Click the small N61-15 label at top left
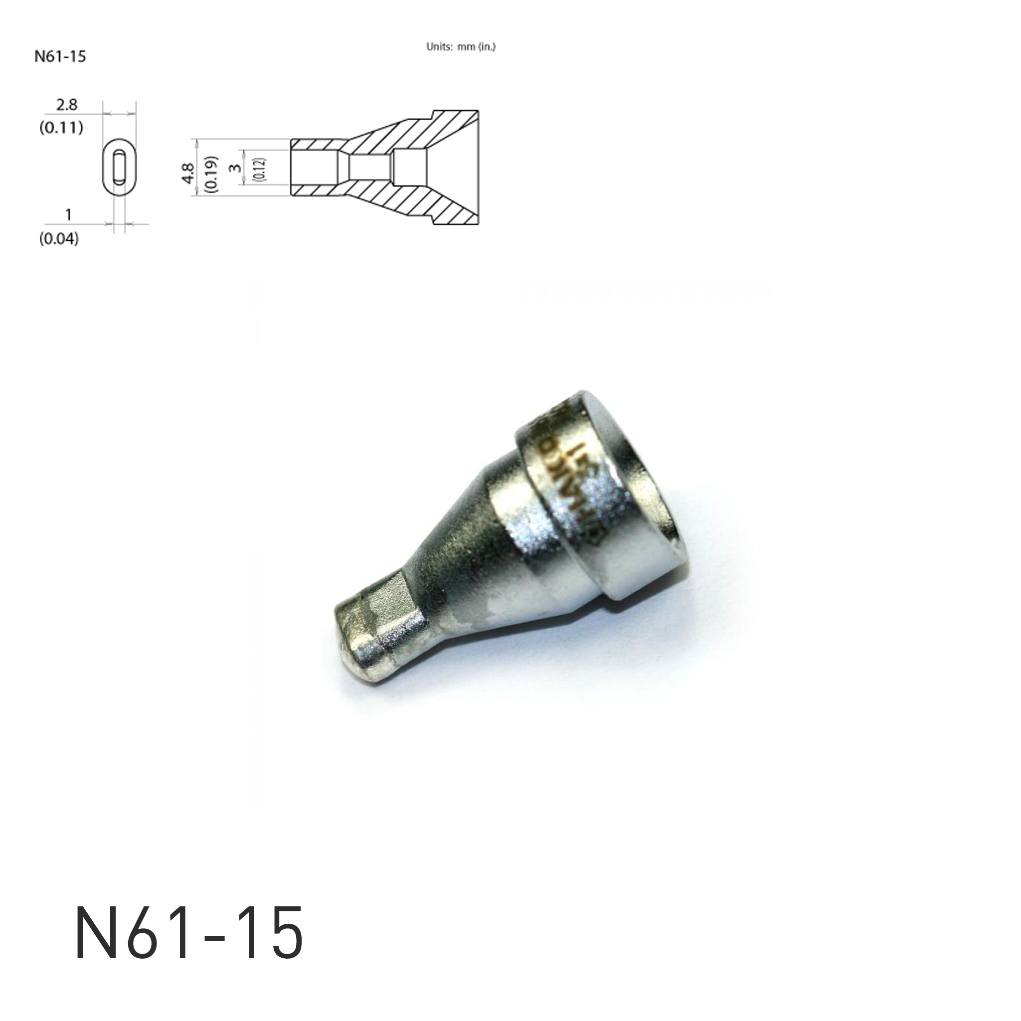pyautogui.click(x=60, y=56)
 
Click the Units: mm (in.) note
pyautogui.click(x=460, y=47)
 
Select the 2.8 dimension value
pyautogui.click(x=67, y=105)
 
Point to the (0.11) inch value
pyautogui.click(x=61, y=127)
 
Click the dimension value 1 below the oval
pyautogui.click(x=68, y=215)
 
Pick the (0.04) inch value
pyautogui.click(x=59, y=239)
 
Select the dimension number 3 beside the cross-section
pyautogui.click(x=236, y=168)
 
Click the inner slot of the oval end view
pyautogui.click(x=120, y=167)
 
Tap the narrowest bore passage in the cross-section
pyautogui.click(x=370, y=168)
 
